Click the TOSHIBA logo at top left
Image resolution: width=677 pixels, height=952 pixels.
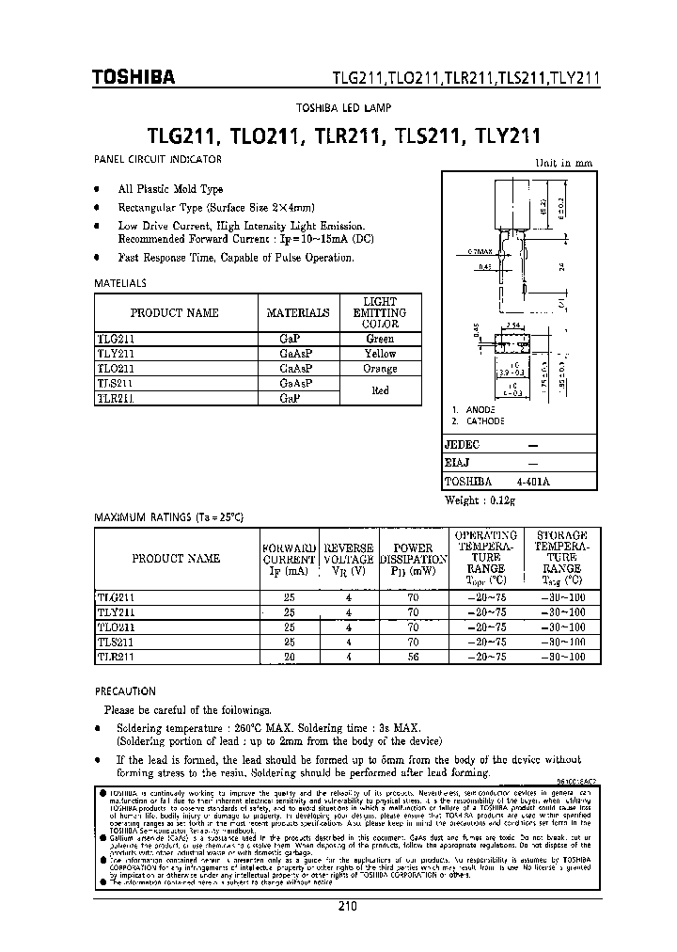(x=133, y=79)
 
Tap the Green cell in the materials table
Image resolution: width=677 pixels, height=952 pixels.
(x=380, y=339)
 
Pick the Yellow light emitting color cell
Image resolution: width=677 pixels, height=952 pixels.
(x=380, y=354)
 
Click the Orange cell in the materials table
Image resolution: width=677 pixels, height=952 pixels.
(x=380, y=369)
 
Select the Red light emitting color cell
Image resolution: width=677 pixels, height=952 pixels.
(x=380, y=390)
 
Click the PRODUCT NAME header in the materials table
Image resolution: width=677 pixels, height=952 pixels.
(x=175, y=313)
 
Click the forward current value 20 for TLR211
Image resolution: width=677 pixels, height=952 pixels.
(x=289, y=658)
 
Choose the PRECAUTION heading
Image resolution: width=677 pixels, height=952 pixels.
(x=125, y=690)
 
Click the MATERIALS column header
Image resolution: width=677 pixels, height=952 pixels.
(x=298, y=313)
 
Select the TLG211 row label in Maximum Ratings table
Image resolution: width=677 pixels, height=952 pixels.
(x=118, y=597)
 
